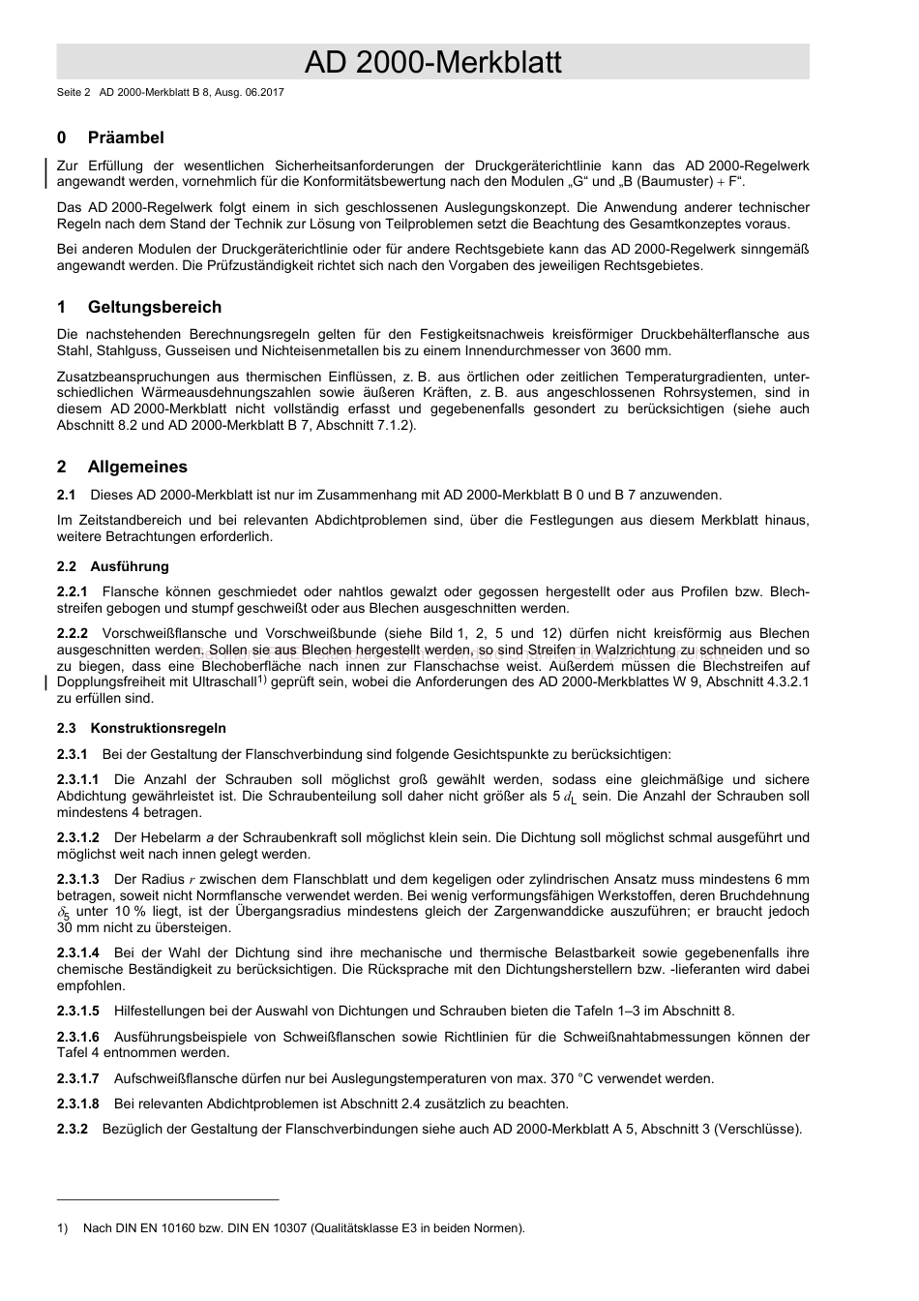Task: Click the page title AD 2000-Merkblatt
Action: [432, 63]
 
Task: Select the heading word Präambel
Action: [126, 137]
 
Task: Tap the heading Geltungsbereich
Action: [154, 307]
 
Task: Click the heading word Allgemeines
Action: [137, 467]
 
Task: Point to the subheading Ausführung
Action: [130, 566]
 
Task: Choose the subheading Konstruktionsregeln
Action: [158, 728]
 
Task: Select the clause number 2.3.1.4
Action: [77, 953]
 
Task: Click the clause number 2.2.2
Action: [73, 634]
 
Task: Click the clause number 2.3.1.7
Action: [77, 1078]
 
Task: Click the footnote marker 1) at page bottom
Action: [63, 1228]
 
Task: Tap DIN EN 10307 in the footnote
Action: [267, 1228]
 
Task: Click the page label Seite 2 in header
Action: [74, 92]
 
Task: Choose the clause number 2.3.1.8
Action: [77, 1104]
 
